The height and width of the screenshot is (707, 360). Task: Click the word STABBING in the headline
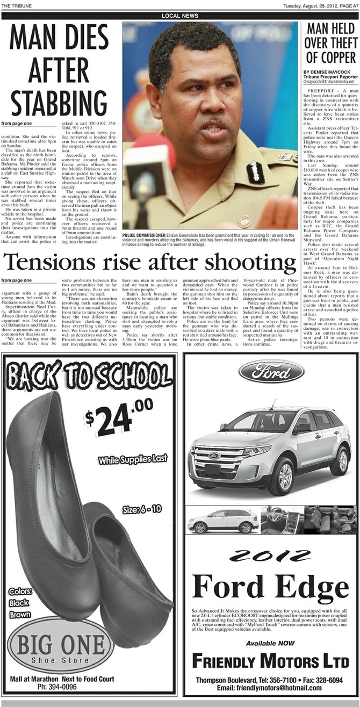tap(59, 103)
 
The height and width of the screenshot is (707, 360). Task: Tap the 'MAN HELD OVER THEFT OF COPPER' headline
tap(331, 44)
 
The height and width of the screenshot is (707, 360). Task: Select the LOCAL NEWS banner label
tap(180, 16)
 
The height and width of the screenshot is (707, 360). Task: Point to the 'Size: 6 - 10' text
tap(145, 509)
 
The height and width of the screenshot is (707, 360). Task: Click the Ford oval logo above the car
tap(271, 371)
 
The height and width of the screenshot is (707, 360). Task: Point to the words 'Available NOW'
tap(270, 643)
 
